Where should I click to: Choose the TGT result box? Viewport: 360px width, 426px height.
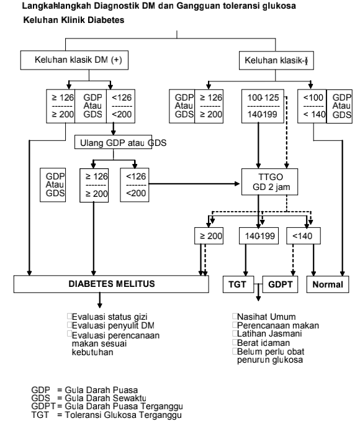(x=240, y=284)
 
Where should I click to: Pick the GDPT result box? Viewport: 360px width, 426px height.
(x=282, y=284)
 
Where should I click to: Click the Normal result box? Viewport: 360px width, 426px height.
(x=327, y=284)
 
